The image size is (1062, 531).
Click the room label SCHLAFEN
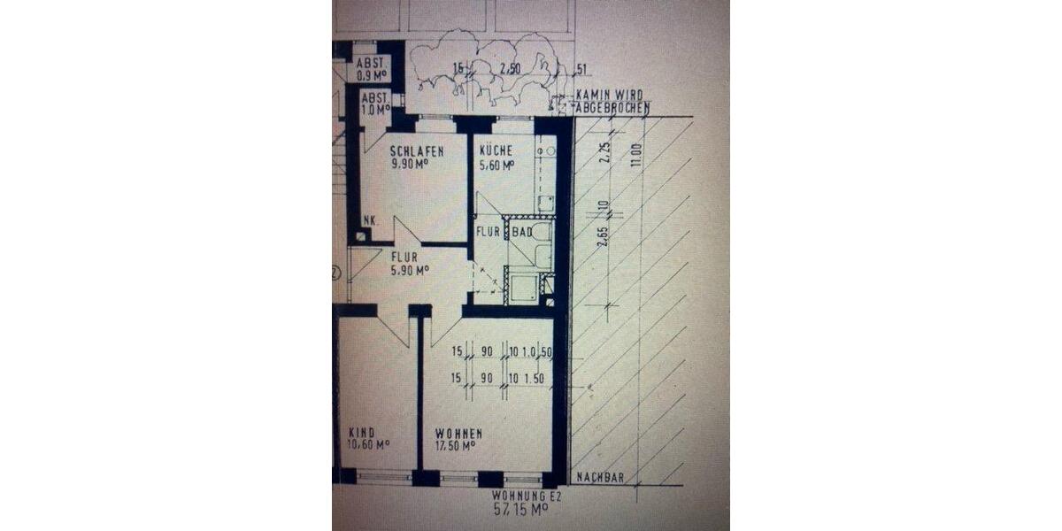pyautogui.click(x=416, y=151)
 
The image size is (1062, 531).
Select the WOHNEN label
pyautogui.click(x=458, y=434)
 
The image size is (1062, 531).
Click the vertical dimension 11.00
pyautogui.click(x=632, y=159)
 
